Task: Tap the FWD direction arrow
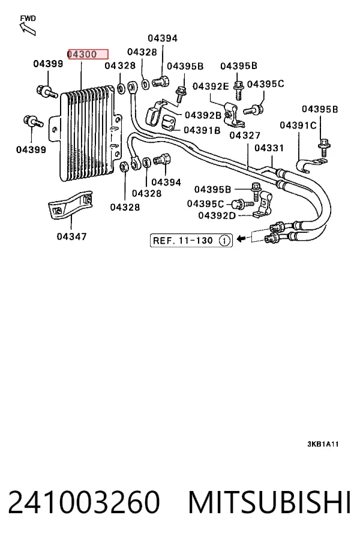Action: (x=28, y=28)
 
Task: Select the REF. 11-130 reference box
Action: (x=191, y=241)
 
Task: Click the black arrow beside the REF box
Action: (x=241, y=238)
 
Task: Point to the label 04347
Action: (x=71, y=236)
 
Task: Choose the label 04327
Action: (x=245, y=135)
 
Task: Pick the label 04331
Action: (x=269, y=148)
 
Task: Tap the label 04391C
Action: (x=298, y=125)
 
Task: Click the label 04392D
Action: (x=217, y=215)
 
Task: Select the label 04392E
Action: (x=211, y=86)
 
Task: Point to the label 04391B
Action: (x=202, y=130)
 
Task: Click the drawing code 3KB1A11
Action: (x=323, y=444)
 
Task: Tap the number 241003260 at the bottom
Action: (x=84, y=502)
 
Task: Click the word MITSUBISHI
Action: (x=269, y=502)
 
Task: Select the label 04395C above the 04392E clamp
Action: (x=265, y=84)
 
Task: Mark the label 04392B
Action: (x=203, y=115)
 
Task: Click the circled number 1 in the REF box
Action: (x=225, y=241)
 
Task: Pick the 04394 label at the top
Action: (x=163, y=38)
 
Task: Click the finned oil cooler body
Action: (x=87, y=133)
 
